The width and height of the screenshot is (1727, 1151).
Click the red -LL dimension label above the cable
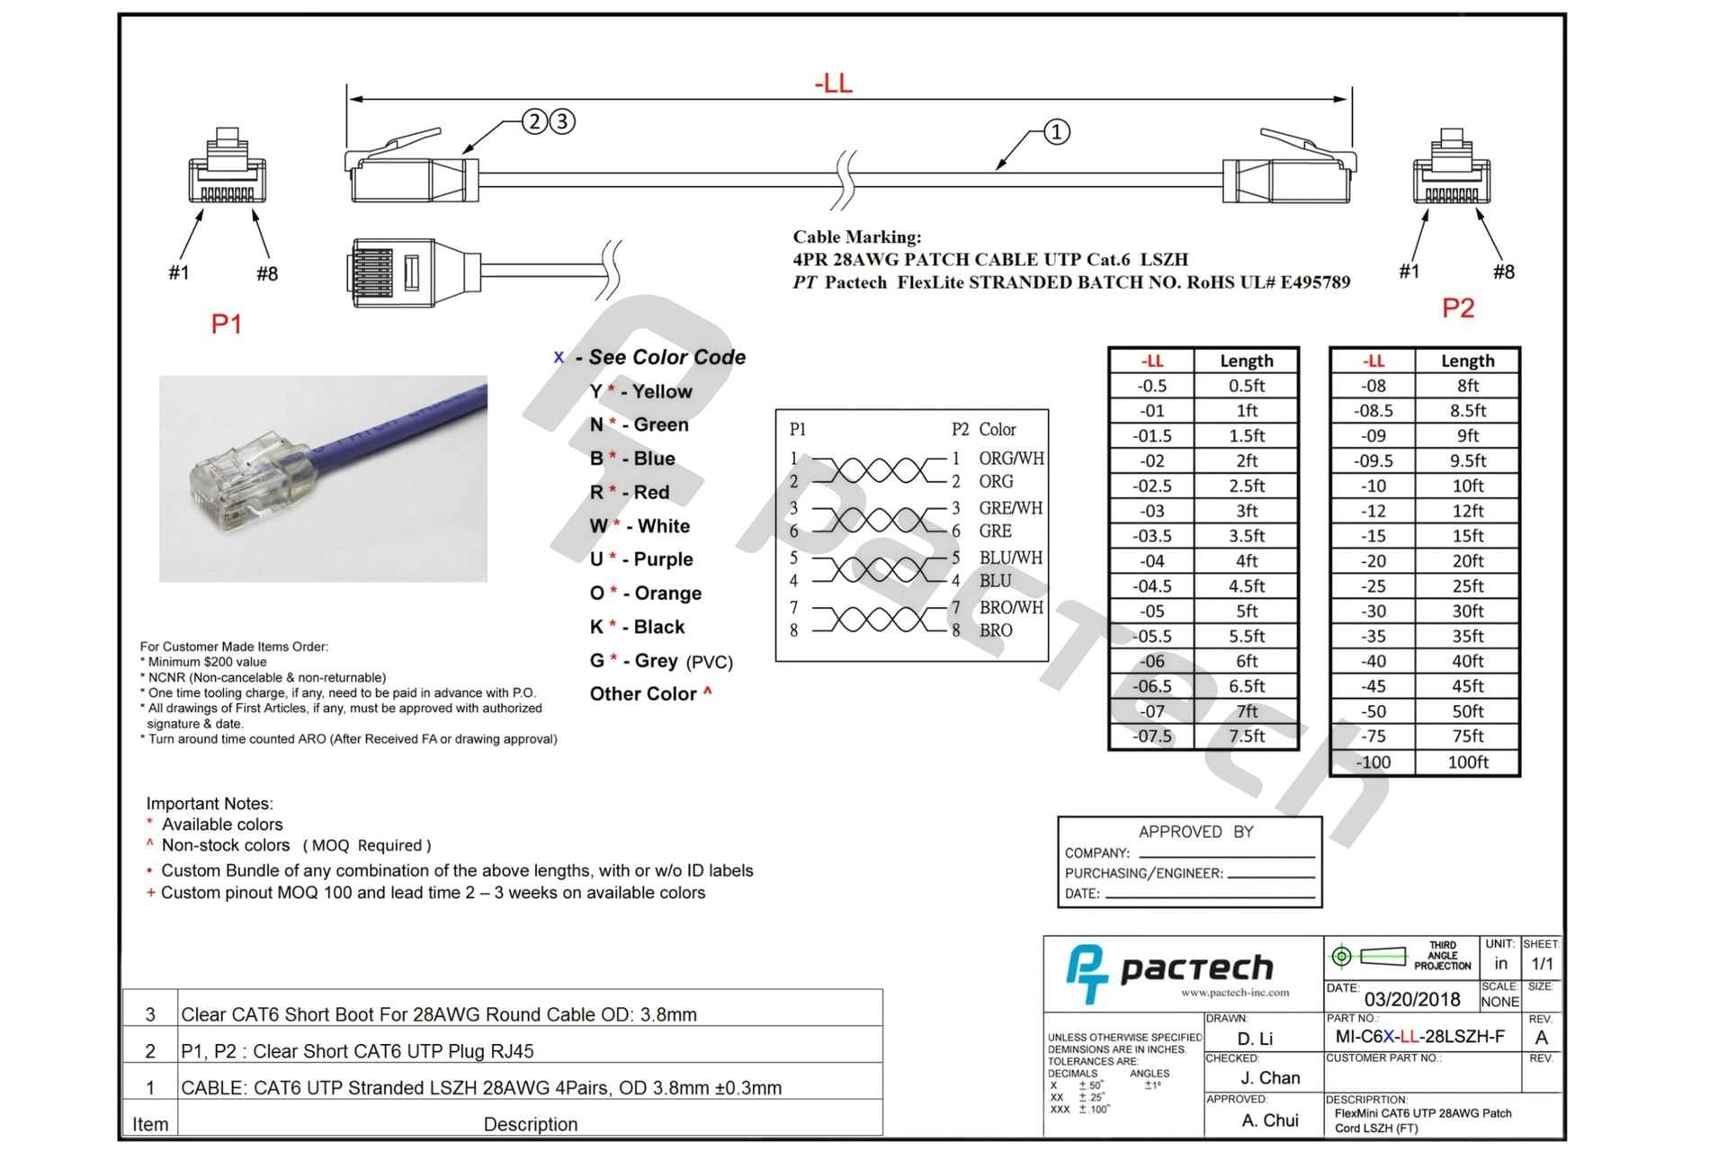(x=833, y=84)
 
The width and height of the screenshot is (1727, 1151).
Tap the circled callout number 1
(x=1056, y=132)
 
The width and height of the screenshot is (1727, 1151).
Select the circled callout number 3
(x=562, y=121)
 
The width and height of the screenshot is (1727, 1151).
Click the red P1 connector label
(x=226, y=324)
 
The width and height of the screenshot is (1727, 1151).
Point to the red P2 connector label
(x=1458, y=308)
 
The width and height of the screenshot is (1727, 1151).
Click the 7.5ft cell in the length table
(x=1246, y=736)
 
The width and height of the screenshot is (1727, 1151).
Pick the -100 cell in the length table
(x=1373, y=763)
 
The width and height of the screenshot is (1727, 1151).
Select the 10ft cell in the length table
(x=1467, y=486)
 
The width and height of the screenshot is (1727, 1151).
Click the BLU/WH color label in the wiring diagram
(x=1010, y=558)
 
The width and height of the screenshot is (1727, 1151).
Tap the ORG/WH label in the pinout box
(x=1011, y=459)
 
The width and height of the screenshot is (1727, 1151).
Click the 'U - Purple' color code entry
(x=641, y=559)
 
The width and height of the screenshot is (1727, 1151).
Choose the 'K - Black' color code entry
(x=637, y=627)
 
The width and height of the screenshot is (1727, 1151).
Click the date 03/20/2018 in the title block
(x=1411, y=999)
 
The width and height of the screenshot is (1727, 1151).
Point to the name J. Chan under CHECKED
(x=1269, y=1077)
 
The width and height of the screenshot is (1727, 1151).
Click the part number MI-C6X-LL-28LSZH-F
(x=1419, y=1037)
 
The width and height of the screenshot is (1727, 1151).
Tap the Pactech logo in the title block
(x=1169, y=969)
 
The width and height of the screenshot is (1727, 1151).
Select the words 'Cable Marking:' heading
(x=856, y=237)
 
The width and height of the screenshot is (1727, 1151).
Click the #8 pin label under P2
(x=1503, y=272)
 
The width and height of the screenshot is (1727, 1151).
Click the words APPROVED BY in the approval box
(x=1195, y=832)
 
